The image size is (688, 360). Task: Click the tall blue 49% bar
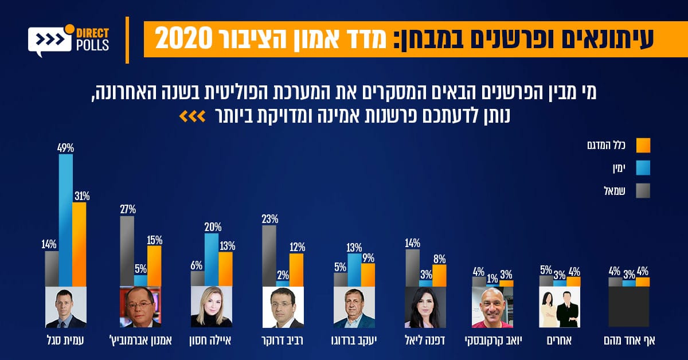pos(66,221)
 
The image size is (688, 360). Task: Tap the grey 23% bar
pos(269,256)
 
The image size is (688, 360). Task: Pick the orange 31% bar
pos(80,244)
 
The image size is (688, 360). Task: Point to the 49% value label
pos(65,148)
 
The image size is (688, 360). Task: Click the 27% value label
pos(127,209)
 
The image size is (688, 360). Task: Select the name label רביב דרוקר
pos(282,340)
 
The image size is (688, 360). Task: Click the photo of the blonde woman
pos(212,307)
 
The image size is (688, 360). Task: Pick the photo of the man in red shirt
pos(492,307)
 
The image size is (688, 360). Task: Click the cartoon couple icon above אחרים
pos(559,307)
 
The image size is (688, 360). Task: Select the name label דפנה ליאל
pos(425,340)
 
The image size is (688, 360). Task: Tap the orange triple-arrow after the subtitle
pos(190,117)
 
